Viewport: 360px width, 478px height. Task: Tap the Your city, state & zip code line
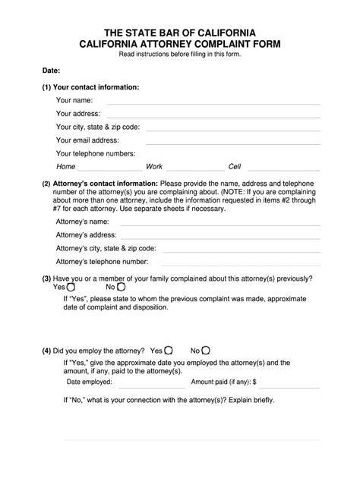tap(242, 128)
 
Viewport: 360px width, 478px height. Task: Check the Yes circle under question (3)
tap(71, 288)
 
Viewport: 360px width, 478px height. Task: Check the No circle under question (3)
tap(120, 288)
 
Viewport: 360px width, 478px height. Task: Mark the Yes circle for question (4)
tap(169, 351)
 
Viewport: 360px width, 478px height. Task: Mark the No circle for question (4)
tap(207, 351)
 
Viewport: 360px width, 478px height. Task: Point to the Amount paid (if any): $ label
tap(223, 382)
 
